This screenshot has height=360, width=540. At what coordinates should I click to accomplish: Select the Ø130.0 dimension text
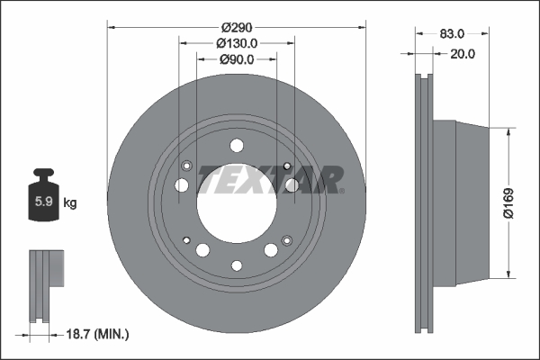pyautogui.click(x=238, y=42)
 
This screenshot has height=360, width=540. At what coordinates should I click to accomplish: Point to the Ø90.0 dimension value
pyautogui.click(x=237, y=59)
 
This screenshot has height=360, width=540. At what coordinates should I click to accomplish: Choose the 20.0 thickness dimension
pyautogui.click(x=463, y=53)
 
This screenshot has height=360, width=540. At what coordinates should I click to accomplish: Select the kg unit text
pyautogui.click(x=70, y=203)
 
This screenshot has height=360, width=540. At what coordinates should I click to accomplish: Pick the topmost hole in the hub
pyautogui.click(x=237, y=146)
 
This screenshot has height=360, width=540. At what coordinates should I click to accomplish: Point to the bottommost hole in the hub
pyautogui.click(x=237, y=265)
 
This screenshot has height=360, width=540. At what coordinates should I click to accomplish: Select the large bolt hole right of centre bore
pyautogui.click(x=292, y=185)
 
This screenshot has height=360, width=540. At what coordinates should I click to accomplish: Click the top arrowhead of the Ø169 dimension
pyautogui.click(x=510, y=131)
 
